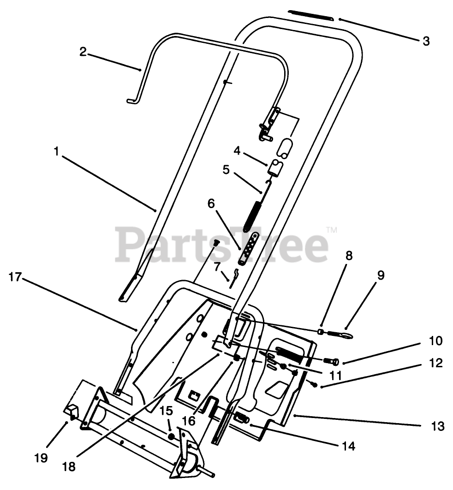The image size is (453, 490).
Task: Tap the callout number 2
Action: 83,52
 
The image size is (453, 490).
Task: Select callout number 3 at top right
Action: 426,41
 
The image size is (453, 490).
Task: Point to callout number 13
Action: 438,426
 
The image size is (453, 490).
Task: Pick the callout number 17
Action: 15,277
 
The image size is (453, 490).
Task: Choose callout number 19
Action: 41,458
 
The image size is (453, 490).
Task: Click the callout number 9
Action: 381,275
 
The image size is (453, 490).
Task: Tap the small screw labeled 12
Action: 314,383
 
